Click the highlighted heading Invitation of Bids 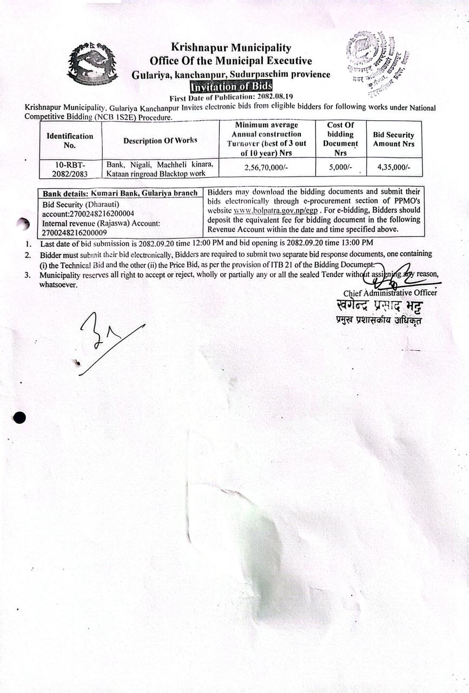click(231, 87)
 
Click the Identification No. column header click(70, 140)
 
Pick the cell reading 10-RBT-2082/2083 click(70, 168)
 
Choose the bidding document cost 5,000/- click(340, 168)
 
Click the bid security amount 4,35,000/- click(393, 168)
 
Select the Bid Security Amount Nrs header click(393, 139)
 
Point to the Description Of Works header click(160, 140)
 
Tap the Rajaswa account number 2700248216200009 click(78, 232)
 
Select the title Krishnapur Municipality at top click(231, 48)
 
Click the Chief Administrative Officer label click(390, 293)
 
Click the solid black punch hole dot click(19, 417)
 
